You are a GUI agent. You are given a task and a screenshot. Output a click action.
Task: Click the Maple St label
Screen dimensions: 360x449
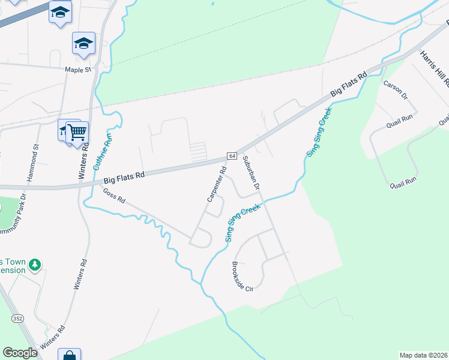pos(78,70)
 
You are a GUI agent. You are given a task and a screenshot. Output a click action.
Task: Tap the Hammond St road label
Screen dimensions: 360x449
pos(32,163)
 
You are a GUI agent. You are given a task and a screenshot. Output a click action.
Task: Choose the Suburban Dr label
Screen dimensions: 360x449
pos(252,173)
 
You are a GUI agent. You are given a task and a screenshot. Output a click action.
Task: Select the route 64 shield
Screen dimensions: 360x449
pos(232,156)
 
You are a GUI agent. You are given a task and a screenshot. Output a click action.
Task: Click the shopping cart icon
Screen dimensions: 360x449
pos(77,131)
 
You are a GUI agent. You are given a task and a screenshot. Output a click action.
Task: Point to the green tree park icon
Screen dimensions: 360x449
pos(35,264)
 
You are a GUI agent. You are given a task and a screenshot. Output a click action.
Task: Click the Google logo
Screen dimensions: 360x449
pos(20,353)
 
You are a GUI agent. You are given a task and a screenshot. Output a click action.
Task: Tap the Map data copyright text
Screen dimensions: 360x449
pos(423,355)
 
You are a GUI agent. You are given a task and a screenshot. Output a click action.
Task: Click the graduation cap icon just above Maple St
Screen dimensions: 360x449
pos(83,43)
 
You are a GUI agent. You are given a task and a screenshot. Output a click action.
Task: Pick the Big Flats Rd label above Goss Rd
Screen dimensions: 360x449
pos(124,176)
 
